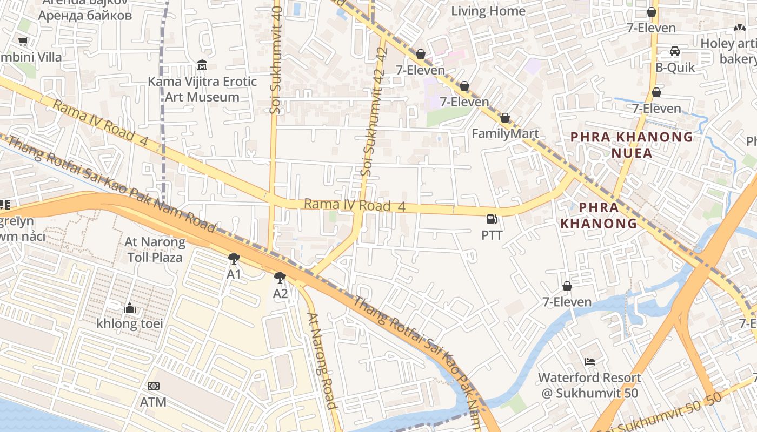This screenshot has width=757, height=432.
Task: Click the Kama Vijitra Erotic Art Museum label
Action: [x=202, y=90]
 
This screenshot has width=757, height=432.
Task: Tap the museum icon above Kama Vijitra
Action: [x=202, y=65]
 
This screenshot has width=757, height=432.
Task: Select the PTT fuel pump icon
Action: [x=492, y=219]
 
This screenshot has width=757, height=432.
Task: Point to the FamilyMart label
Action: [x=505, y=133]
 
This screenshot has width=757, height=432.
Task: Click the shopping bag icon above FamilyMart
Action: [x=505, y=118]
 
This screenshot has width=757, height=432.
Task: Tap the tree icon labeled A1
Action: [x=234, y=258]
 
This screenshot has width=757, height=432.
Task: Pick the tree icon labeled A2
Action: [x=280, y=278]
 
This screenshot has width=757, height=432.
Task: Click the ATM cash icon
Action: [x=153, y=386]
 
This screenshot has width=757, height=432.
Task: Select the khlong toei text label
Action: [x=130, y=324]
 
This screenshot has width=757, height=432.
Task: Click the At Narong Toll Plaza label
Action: [x=155, y=249]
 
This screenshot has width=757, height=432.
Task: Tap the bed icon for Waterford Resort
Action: [x=589, y=361]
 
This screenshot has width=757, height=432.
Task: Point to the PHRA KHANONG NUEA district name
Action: [x=632, y=145]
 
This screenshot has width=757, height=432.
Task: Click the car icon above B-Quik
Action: [x=674, y=51]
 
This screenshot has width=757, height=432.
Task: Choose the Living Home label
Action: [x=488, y=11]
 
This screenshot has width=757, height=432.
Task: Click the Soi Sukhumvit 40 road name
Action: [x=276, y=59]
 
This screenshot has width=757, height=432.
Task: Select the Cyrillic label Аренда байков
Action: [x=85, y=15]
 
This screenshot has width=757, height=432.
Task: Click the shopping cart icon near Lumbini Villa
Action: [x=23, y=41]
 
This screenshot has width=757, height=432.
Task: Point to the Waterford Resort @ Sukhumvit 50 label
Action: [x=589, y=385]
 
